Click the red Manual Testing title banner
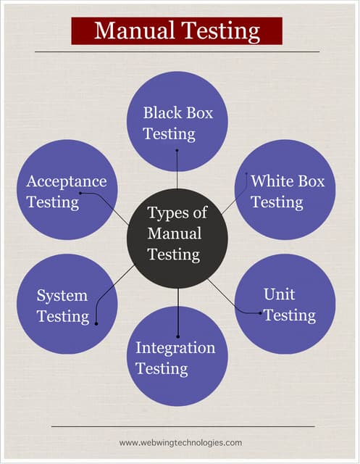coord(177,30)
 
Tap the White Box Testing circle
coord(285,190)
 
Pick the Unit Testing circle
coord(285,304)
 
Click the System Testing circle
coord(67,304)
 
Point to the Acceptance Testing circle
coord(67,190)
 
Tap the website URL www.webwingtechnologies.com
coord(180,442)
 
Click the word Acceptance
coord(66,181)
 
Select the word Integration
coord(175,348)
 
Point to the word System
coord(62,296)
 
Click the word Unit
coord(279,294)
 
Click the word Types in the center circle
coord(167,213)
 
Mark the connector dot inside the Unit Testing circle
coord(261,312)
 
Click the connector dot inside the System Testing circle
coord(96,324)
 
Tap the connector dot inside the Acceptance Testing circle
coord(80,194)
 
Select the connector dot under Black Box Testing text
coord(177,150)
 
